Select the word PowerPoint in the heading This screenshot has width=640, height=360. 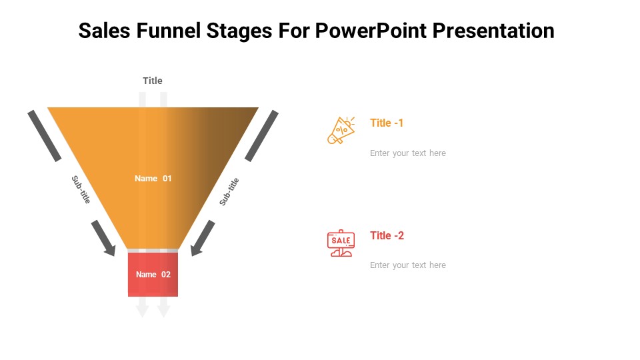pyautogui.click(x=371, y=31)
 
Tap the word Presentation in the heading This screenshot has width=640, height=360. pyautogui.click(x=493, y=31)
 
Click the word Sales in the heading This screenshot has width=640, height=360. pyautogui.click(x=104, y=31)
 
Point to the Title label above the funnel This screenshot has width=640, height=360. pyautogui.click(x=153, y=81)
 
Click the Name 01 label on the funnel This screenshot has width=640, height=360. pyautogui.click(x=153, y=179)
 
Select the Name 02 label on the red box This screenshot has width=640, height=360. pyautogui.click(x=153, y=274)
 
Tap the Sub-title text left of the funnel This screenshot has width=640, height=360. pyautogui.click(x=81, y=189)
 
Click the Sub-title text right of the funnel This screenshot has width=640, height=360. pyautogui.click(x=229, y=191)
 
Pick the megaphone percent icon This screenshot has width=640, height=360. pyautogui.click(x=341, y=130)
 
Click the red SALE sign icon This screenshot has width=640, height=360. pyautogui.click(x=341, y=243)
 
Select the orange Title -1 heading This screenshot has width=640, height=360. pyautogui.click(x=387, y=123)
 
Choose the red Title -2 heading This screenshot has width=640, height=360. pyautogui.click(x=387, y=235)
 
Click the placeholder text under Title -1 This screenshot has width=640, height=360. pyautogui.click(x=408, y=153)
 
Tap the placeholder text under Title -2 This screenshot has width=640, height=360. pyautogui.click(x=408, y=265)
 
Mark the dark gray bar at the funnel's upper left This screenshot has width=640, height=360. pyautogui.click(x=45, y=135)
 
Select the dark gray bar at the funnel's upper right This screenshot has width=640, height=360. pyautogui.click(x=261, y=135)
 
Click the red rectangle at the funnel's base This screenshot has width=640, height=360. pyautogui.click(x=153, y=274)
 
